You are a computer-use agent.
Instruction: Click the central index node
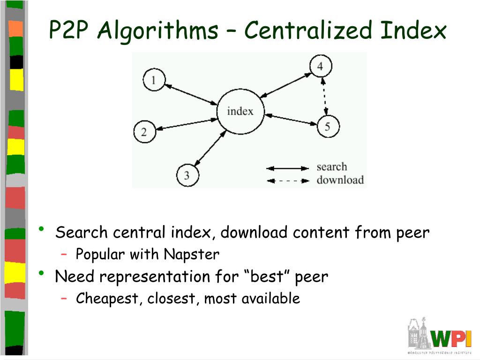click(x=240, y=112)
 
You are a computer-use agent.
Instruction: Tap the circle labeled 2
click(x=144, y=132)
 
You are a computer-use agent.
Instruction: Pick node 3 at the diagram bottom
click(x=187, y=176)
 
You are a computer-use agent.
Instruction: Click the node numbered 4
click(x=320, y=66)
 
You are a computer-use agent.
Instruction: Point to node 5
click(x=328, y=126)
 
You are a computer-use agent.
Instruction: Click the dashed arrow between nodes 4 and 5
click(x=324, y=96)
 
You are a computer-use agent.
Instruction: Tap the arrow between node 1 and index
click(x=191, y=95)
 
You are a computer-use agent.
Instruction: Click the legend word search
click(x=332, y=167)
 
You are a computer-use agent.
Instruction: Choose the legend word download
click(x=340, y=180)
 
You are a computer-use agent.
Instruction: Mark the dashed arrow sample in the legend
click(x=287, y=180)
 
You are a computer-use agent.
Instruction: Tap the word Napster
click(x=191, y=255)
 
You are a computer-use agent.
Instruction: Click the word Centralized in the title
click(x=309, y=31)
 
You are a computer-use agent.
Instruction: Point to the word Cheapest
click(x=109, y=299)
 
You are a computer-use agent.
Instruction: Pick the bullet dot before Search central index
click(x=42, y=229)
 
